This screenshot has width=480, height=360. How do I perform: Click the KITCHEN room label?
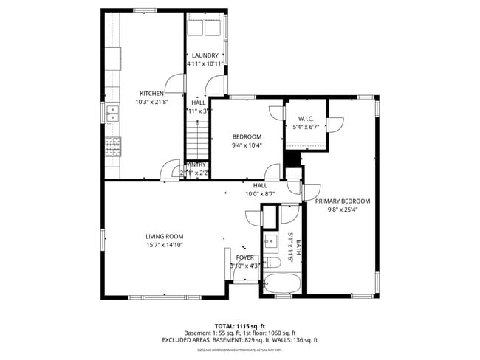click(x=151, y=94)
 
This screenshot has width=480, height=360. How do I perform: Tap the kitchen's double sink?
click(x=113, y=113)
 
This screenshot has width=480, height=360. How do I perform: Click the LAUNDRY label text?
click(x=205, y=55)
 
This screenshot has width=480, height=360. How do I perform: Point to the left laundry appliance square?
click(x=196, y=28)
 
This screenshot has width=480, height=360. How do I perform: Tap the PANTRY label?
click(x=196, y=165)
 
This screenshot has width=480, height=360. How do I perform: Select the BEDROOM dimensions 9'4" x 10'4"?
click(x=247, y=145)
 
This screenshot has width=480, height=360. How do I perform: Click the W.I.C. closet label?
click(x=306, y=119)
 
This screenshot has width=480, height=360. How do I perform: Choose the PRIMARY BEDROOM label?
click(x=343, y=201)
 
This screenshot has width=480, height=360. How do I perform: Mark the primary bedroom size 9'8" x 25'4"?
click(x=343, y=209)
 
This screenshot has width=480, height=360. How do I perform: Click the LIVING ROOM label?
click(x=164, y=236)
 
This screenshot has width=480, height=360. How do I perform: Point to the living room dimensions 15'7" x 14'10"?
click(x=164, y=245)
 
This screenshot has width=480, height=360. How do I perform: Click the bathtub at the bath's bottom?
click(x=281, y=284)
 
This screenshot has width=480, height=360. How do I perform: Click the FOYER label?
click(x=244, y=257)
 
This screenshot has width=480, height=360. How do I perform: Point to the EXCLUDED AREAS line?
click(x=240, y=340)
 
